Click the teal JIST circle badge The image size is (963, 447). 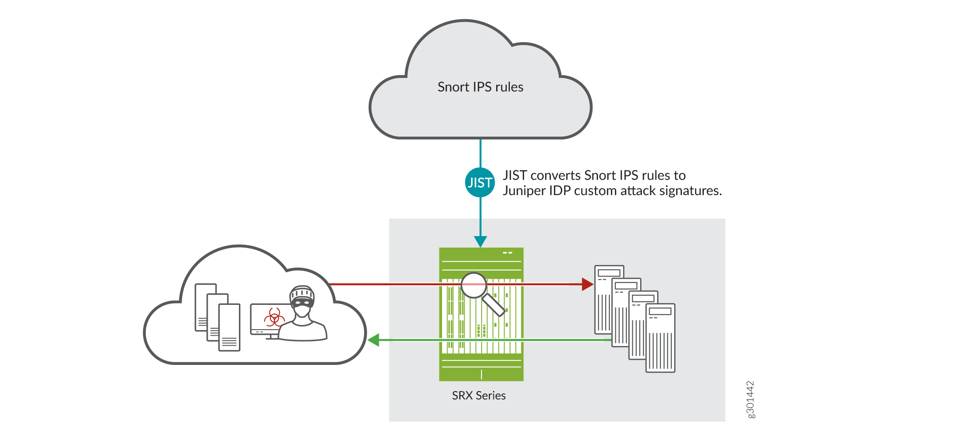(x=480, y=182)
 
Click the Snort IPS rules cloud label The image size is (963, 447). (x=480, y=87)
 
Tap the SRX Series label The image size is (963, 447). (x=479, y=396)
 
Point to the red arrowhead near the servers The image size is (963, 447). (x=587, y=284)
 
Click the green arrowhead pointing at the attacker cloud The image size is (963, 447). (x=374, y=340)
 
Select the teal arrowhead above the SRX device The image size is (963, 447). (x=480, y=241)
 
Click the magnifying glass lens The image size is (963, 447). (x=473, y=285)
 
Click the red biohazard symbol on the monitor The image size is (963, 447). (x=274, y=317)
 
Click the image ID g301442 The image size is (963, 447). (x=750, y=399)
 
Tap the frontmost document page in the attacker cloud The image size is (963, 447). (x=229, y=327)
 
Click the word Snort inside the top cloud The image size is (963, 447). (x=453, y=87)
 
